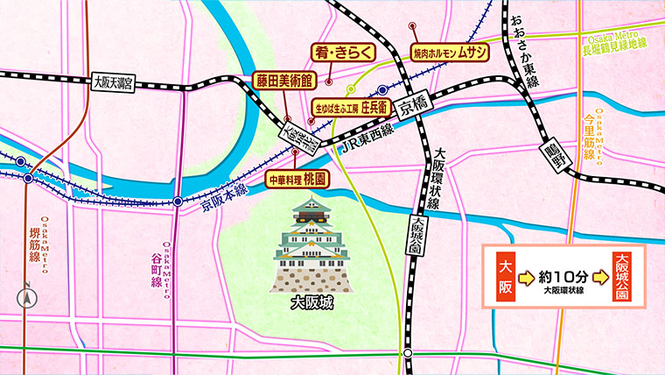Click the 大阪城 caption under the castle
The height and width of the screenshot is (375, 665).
[313, 307]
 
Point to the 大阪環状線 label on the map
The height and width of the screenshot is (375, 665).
[442, 174]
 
